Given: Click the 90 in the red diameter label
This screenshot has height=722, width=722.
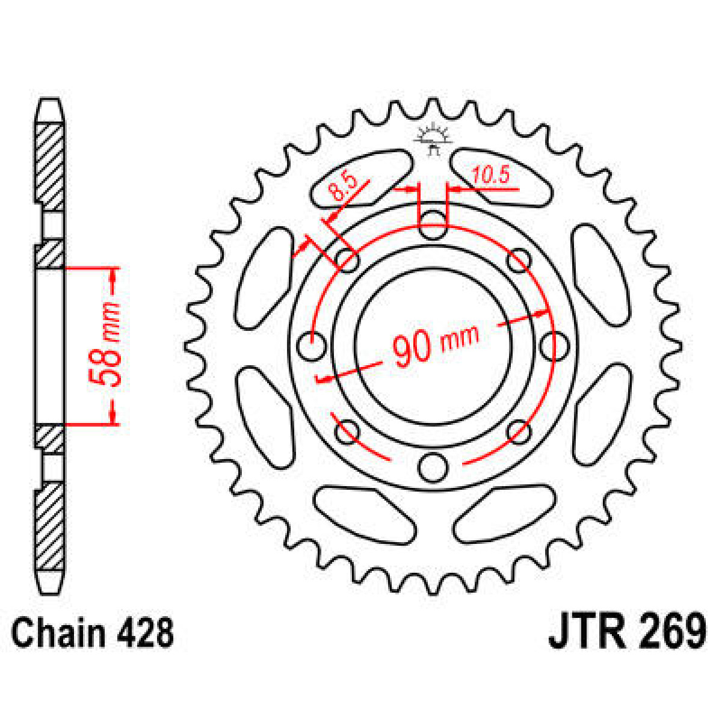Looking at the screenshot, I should pyautogui.click(x=412, y=349).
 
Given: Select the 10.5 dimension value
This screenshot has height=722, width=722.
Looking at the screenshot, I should pyautogui.click(x=490, y=175).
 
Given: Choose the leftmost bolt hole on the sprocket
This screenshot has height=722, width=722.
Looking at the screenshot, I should pyautogui.click(x=312, y=347).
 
